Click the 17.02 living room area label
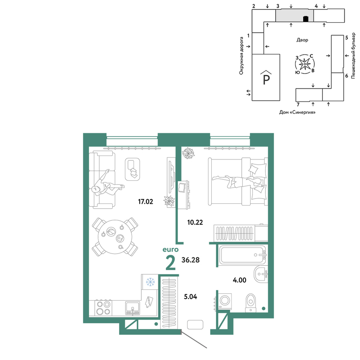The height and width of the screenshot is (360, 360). pos(145,202)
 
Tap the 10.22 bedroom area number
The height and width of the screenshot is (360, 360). pos(195,222)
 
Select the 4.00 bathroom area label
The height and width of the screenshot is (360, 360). pos(239,280)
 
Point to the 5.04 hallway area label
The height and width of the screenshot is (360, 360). pos(190,297)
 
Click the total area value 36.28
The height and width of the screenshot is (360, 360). pos(190,260)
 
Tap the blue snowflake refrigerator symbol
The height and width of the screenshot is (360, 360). pos(150,282)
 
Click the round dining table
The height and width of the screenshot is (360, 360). pos(114,237)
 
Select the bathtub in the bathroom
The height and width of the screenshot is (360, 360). pos(242,255)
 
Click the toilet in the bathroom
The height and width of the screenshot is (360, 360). pos(251,303)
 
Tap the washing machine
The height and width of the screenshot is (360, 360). pos(225,301)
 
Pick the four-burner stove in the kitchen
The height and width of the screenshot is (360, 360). pos(103,308)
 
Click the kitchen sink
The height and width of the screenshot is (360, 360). pos(132,308)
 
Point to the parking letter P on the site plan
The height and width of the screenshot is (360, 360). pos(266,80)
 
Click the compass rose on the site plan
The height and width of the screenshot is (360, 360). pos(305,64)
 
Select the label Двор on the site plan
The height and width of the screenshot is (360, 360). pos(302,40)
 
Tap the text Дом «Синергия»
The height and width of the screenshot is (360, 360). pos(297,112)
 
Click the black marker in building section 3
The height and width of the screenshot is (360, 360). pos(306,19)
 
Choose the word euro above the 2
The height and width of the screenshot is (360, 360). pos(171,249)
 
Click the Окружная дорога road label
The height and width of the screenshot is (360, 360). pos(241,56)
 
